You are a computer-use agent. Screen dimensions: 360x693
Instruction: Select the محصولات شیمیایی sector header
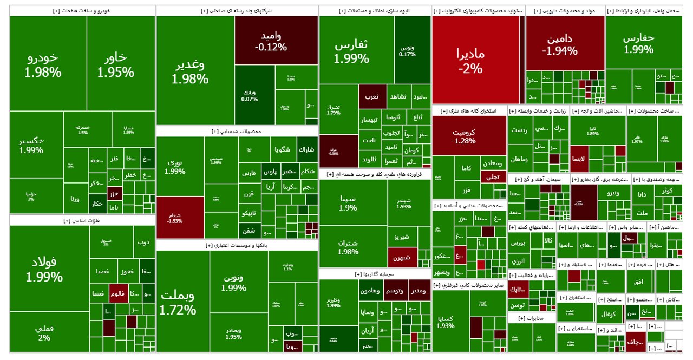237,132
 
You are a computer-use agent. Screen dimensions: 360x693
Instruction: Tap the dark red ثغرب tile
372,96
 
